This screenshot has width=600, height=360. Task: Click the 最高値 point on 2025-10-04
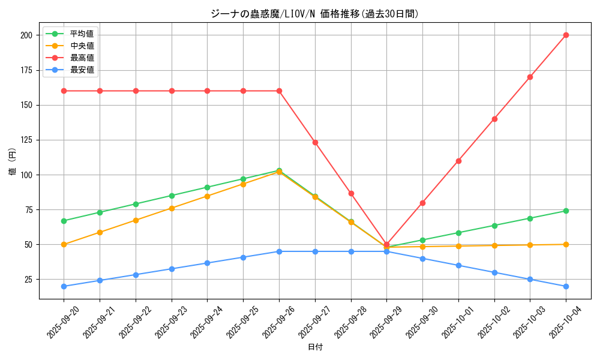(566, 35)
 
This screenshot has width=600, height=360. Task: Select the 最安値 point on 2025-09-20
(64, 286)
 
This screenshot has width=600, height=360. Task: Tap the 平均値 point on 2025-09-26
(279, 170)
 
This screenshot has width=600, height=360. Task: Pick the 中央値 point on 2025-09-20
(64, 244)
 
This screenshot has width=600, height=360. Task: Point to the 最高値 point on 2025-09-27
(315, 142)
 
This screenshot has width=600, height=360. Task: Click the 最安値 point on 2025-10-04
(566, 286)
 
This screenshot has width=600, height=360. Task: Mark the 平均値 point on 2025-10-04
(566, 211)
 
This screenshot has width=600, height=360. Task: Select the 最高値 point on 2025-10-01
(458, 161)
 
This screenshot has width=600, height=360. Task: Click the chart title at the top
(314, 14)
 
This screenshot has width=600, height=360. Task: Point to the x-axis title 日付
(315, 347)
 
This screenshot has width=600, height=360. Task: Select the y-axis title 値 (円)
(13, 161)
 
